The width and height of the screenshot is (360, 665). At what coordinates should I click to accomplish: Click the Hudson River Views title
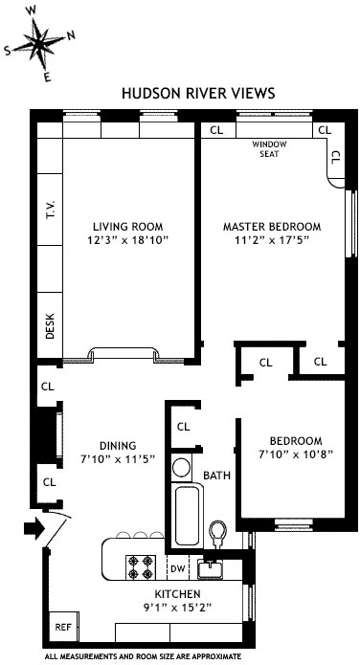[x=198, y=94]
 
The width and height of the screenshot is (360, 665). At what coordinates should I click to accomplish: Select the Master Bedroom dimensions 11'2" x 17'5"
[x=271, y=242]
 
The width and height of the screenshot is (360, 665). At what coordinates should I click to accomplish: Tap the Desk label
[x=50, y=327]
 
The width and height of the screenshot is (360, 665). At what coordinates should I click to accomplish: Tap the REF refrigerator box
[x=61, y=628]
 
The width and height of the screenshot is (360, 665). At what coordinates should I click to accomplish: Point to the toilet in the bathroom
[x=218, y=530]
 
